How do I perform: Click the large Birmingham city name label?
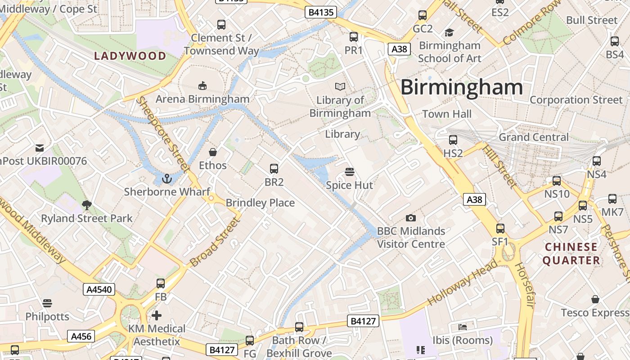[461, 87]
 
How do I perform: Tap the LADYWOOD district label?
[130, 56]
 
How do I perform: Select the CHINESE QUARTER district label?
[571, 253]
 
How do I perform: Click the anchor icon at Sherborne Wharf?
[167, 179]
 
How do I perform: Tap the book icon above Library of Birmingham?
[340, 86]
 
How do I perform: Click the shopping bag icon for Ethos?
[213, 152]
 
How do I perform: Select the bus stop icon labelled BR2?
[274, 169]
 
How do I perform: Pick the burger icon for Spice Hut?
[349, 171]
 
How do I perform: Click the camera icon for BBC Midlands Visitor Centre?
[410, 218]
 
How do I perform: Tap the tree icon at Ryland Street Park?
[87, 205]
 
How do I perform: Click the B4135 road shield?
[320, 12]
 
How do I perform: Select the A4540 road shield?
[99, 289]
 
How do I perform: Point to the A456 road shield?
[81, 336]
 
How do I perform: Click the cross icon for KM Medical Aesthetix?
[157, 315]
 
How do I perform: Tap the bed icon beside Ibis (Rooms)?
[463, 327]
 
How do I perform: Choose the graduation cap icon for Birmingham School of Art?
[449, 32]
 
